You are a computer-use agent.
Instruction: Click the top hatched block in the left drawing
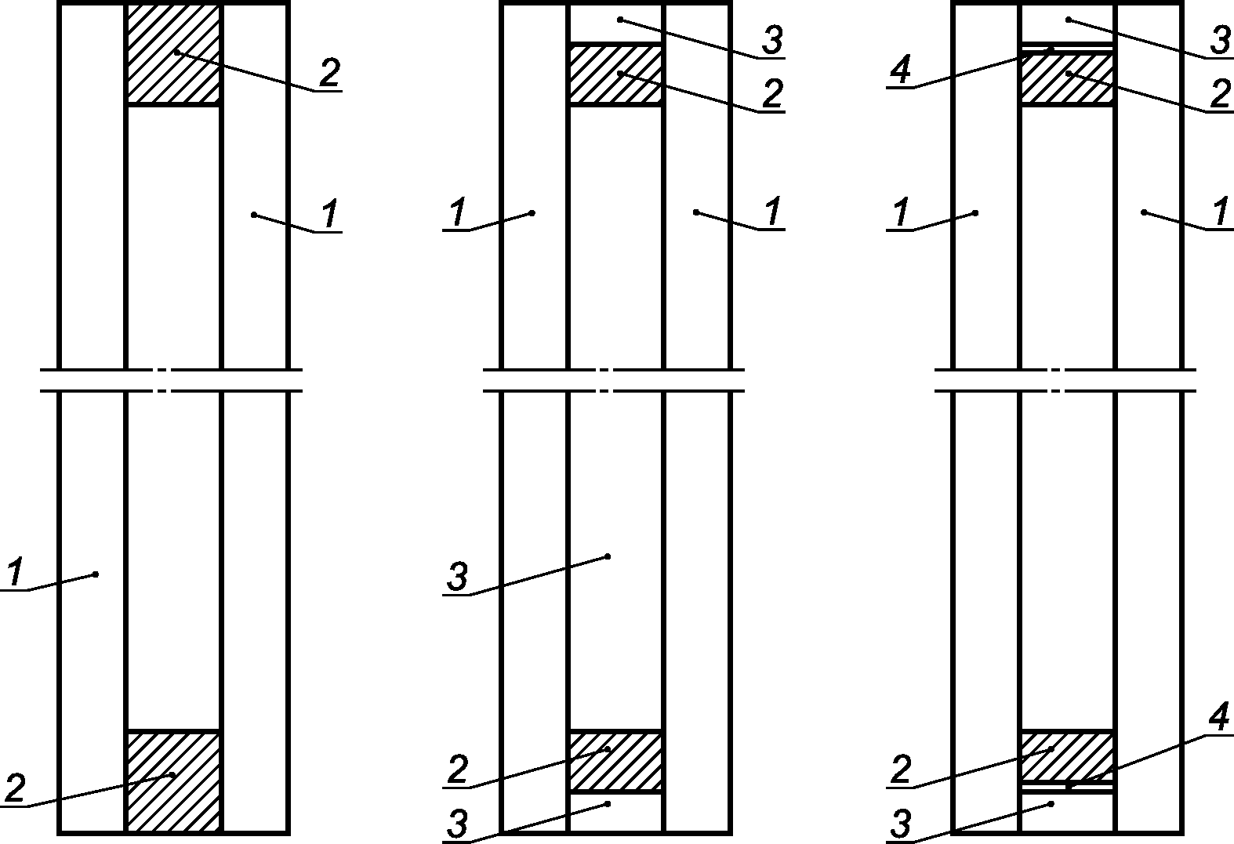pos(173,53)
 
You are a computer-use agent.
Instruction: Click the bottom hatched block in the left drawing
pos(173,781)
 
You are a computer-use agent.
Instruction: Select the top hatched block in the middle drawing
pos(615,74)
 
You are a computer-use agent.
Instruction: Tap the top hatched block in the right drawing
pos(1066,78)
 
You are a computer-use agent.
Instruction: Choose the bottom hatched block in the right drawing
pos(1066,755)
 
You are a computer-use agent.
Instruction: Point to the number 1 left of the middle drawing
pos(458,212)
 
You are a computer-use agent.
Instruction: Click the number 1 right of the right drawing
pos(1221,212)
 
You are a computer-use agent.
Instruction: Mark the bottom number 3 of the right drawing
pos(901,826)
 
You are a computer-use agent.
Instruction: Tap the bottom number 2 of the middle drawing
pos(458,770)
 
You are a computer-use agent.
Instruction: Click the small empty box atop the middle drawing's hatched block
pos(615,22)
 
